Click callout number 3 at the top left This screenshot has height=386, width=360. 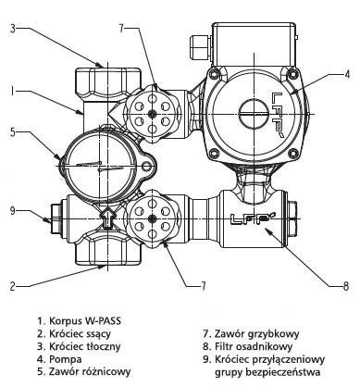pos(13,29)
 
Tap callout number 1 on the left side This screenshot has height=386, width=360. pos(12,92)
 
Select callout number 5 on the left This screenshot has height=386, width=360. pos(13,131)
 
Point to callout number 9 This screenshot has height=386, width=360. pos(13,211)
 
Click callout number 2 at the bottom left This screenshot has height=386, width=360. pos(13,286)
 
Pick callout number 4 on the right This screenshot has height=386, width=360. pos(347,74)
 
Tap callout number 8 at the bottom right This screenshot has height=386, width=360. pos(346,286)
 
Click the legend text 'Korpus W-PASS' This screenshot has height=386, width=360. pos(85,321)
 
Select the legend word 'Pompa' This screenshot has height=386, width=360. pos(66,359)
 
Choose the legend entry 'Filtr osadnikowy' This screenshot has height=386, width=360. pos(254,346)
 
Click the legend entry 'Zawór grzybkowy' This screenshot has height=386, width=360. pos(256,333)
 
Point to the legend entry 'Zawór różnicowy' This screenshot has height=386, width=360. pos(90,372)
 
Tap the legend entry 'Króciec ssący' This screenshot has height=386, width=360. pos(80,333)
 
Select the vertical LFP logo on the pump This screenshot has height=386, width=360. pos(279,115)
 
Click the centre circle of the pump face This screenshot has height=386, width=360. pos(254,115)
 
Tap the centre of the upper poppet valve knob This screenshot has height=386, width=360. pos(152,114)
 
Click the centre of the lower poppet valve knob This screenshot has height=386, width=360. pos(152,218)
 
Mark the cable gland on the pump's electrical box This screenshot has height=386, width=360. pos(200,49)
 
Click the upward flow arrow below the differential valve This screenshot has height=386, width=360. pos(107,218)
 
